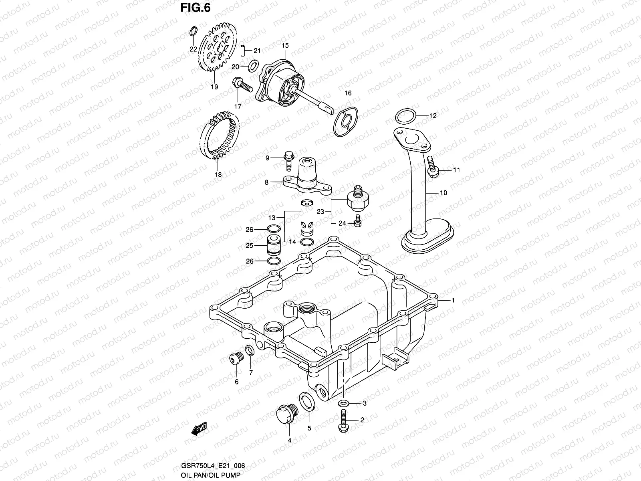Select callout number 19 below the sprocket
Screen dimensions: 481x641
tap(214, 87)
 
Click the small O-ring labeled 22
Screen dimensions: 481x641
tap(193, 31)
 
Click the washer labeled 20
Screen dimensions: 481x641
tap(254, 65)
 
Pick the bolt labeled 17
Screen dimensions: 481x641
tap(241, 85)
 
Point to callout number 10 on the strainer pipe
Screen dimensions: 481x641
tap(443, 193)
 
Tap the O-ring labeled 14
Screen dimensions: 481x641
tap(306, 242)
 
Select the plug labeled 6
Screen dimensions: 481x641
tap(235, 358)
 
